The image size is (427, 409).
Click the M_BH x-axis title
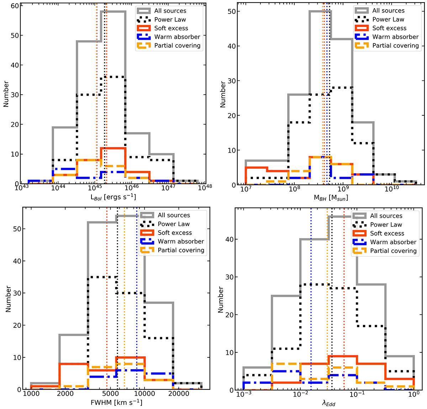331,198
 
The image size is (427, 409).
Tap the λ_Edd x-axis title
328,403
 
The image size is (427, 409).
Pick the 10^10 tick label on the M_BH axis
391,189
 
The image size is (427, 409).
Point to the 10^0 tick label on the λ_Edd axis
413,395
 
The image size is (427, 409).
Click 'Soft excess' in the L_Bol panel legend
171,28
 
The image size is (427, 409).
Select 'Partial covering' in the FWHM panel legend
181,250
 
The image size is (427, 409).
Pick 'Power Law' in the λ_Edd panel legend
386,225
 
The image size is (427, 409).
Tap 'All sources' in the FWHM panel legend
174,215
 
